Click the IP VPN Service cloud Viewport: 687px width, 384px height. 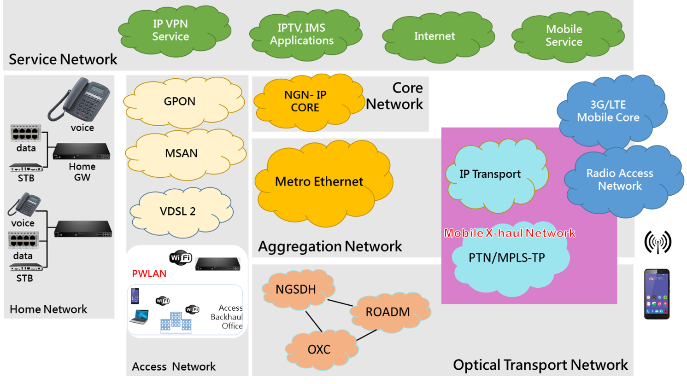click(173, 30)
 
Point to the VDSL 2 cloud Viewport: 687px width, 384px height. click(180, 211)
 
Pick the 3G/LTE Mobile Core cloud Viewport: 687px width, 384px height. click(611, 111)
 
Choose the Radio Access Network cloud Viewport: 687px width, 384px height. click(622, 180)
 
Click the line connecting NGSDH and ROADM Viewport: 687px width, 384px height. click(340, 303)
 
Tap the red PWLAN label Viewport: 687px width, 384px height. click(149, 273)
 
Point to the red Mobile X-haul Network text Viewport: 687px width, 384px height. click(509, 233)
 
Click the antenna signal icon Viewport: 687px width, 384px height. click(658, 242)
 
